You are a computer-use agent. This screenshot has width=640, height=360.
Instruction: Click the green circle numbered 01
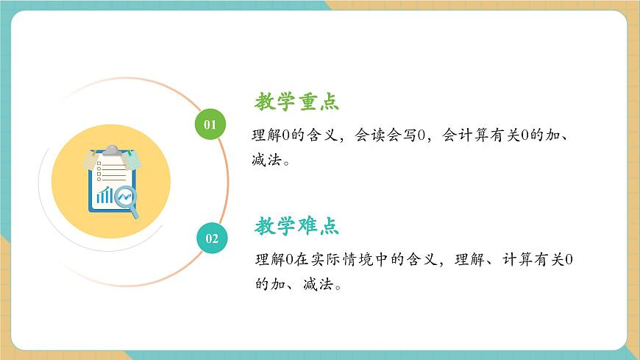pyautogui.click(x=210, y=124)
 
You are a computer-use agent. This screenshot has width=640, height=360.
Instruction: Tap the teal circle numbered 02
pyautogui.click(x=212, y=238)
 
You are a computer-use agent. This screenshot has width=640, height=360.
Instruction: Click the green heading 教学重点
pyautogui.click(x=297, y=102)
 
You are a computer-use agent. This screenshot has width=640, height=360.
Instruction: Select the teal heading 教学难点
pyautogui.click(x=297, y=226)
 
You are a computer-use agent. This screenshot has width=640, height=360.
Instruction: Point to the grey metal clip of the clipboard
pyautogui.click(x=110, y=150)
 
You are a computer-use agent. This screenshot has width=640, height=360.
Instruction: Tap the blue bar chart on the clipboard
pyautogui.click(x=105, y=195)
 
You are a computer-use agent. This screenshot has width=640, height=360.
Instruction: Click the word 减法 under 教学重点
pyautogui.click(x=265, y=159)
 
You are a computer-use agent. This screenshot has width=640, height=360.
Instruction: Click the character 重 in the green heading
pyautogui.click(x=307, y=102)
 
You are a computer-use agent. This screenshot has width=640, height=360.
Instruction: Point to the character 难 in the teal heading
pyautogui.click(x=307, y=226)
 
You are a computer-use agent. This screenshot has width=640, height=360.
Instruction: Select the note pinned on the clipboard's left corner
pyautogui.click(x=90, y=160)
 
